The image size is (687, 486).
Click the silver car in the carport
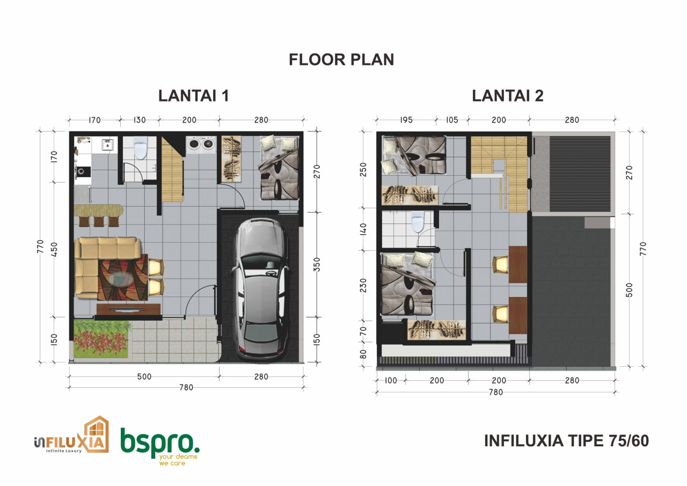pyautogui.click(x=261, y=288)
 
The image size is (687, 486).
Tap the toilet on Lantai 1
pyautogui.click(x=141, y=147)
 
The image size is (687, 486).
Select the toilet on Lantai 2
pyautogui.click(x=418, y=222)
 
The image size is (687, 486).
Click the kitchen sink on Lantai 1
pyautogui.click(x=107, y=144)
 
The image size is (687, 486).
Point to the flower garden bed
pyautogui.click(x=101, y=339)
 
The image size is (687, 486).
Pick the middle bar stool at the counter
pyautogui.click(x=99, y=221)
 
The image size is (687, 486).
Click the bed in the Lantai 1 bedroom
pyautogui.click(x=279, y=168)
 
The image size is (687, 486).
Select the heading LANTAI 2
pyautogui.click(x=508, y=96)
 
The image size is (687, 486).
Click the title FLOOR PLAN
pyautogui.click(x=341, y=60)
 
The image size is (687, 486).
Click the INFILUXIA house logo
pyautogui.click(x=71, y=436)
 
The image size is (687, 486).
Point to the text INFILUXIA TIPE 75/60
pyautogui.click(x=566, y=441)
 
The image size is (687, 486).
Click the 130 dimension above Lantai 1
pyautogui.click(x=140, y=120)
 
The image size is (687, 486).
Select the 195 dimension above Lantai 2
pyautogui.click(x=406, y=120)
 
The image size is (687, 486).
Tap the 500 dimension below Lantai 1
pyautogui.click(x=144, y=376)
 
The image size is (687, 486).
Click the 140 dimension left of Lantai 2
pyautogui.click(x=363, y=229)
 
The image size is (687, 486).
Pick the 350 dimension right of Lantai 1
pyautogui.click(x=317, y=264)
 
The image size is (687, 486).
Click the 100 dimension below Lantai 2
pyautogui.click(x=391, y=380)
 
